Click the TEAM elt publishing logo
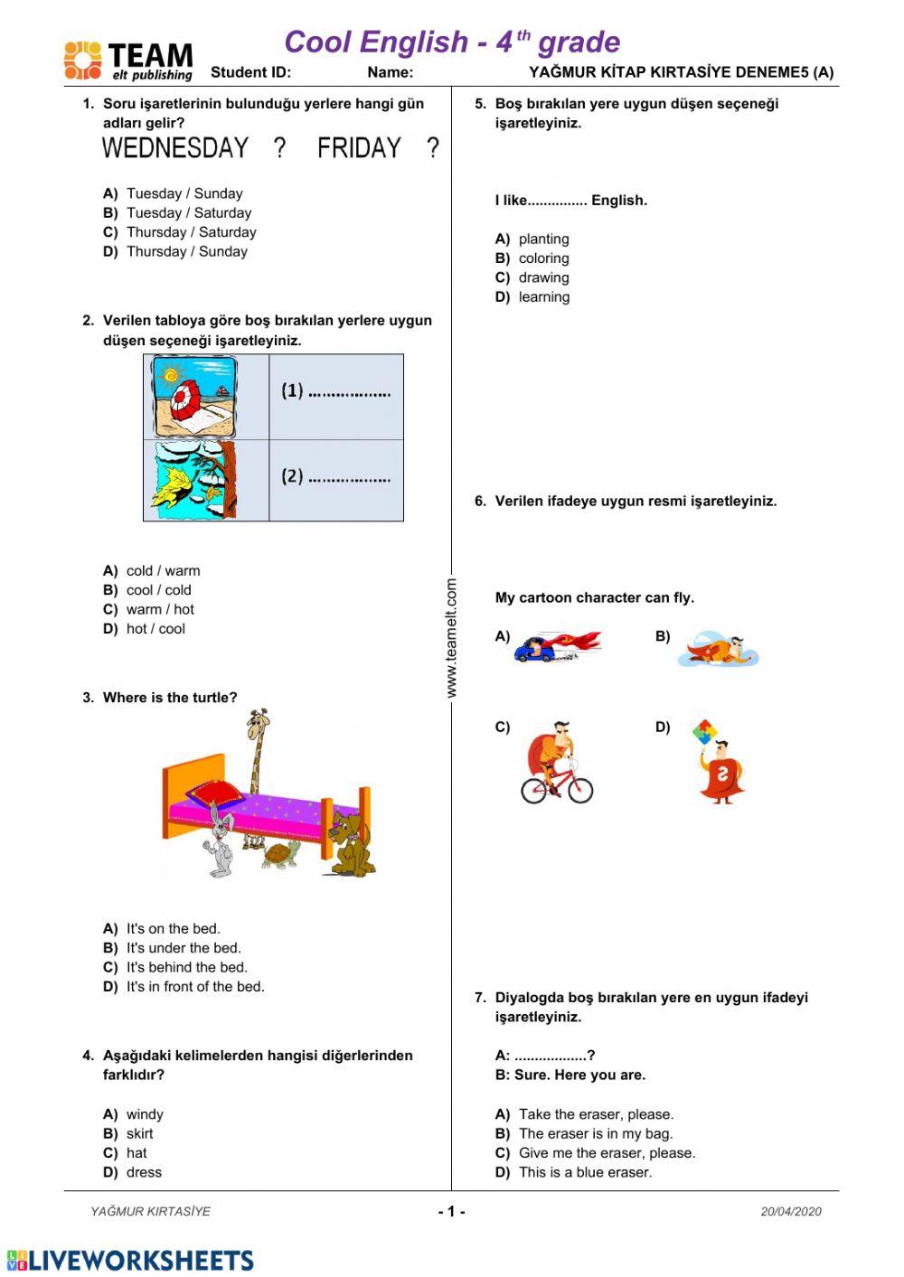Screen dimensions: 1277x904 click(x=128, y=61)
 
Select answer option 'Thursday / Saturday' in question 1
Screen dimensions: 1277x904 click(x=191, y=232)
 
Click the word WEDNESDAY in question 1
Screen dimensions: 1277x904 click(x=175, y=148)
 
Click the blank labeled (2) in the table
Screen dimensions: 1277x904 click(x=335, y=477)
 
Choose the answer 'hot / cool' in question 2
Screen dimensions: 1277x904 click(x=155, y=629)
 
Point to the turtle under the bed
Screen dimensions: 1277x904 click(x=281, y=854)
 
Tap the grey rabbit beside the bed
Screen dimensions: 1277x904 click(x=220, y=840)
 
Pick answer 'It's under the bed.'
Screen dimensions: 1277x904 click(x=184, y=948)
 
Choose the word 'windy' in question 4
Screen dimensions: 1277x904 click(x=145, y=1114)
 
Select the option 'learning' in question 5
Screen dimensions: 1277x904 click(x=544, y=297)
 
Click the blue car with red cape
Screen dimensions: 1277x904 click(x=556, y=646)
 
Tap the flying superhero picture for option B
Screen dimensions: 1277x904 click(x=720, y=650)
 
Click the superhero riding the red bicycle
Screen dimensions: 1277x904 click(x=557, y=764)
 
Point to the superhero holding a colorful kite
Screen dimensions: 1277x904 click(x=720, y=763)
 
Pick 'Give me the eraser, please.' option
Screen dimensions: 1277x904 click(x=607, y=1153)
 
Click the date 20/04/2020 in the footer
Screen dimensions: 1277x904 click(x=791, y=1212)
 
